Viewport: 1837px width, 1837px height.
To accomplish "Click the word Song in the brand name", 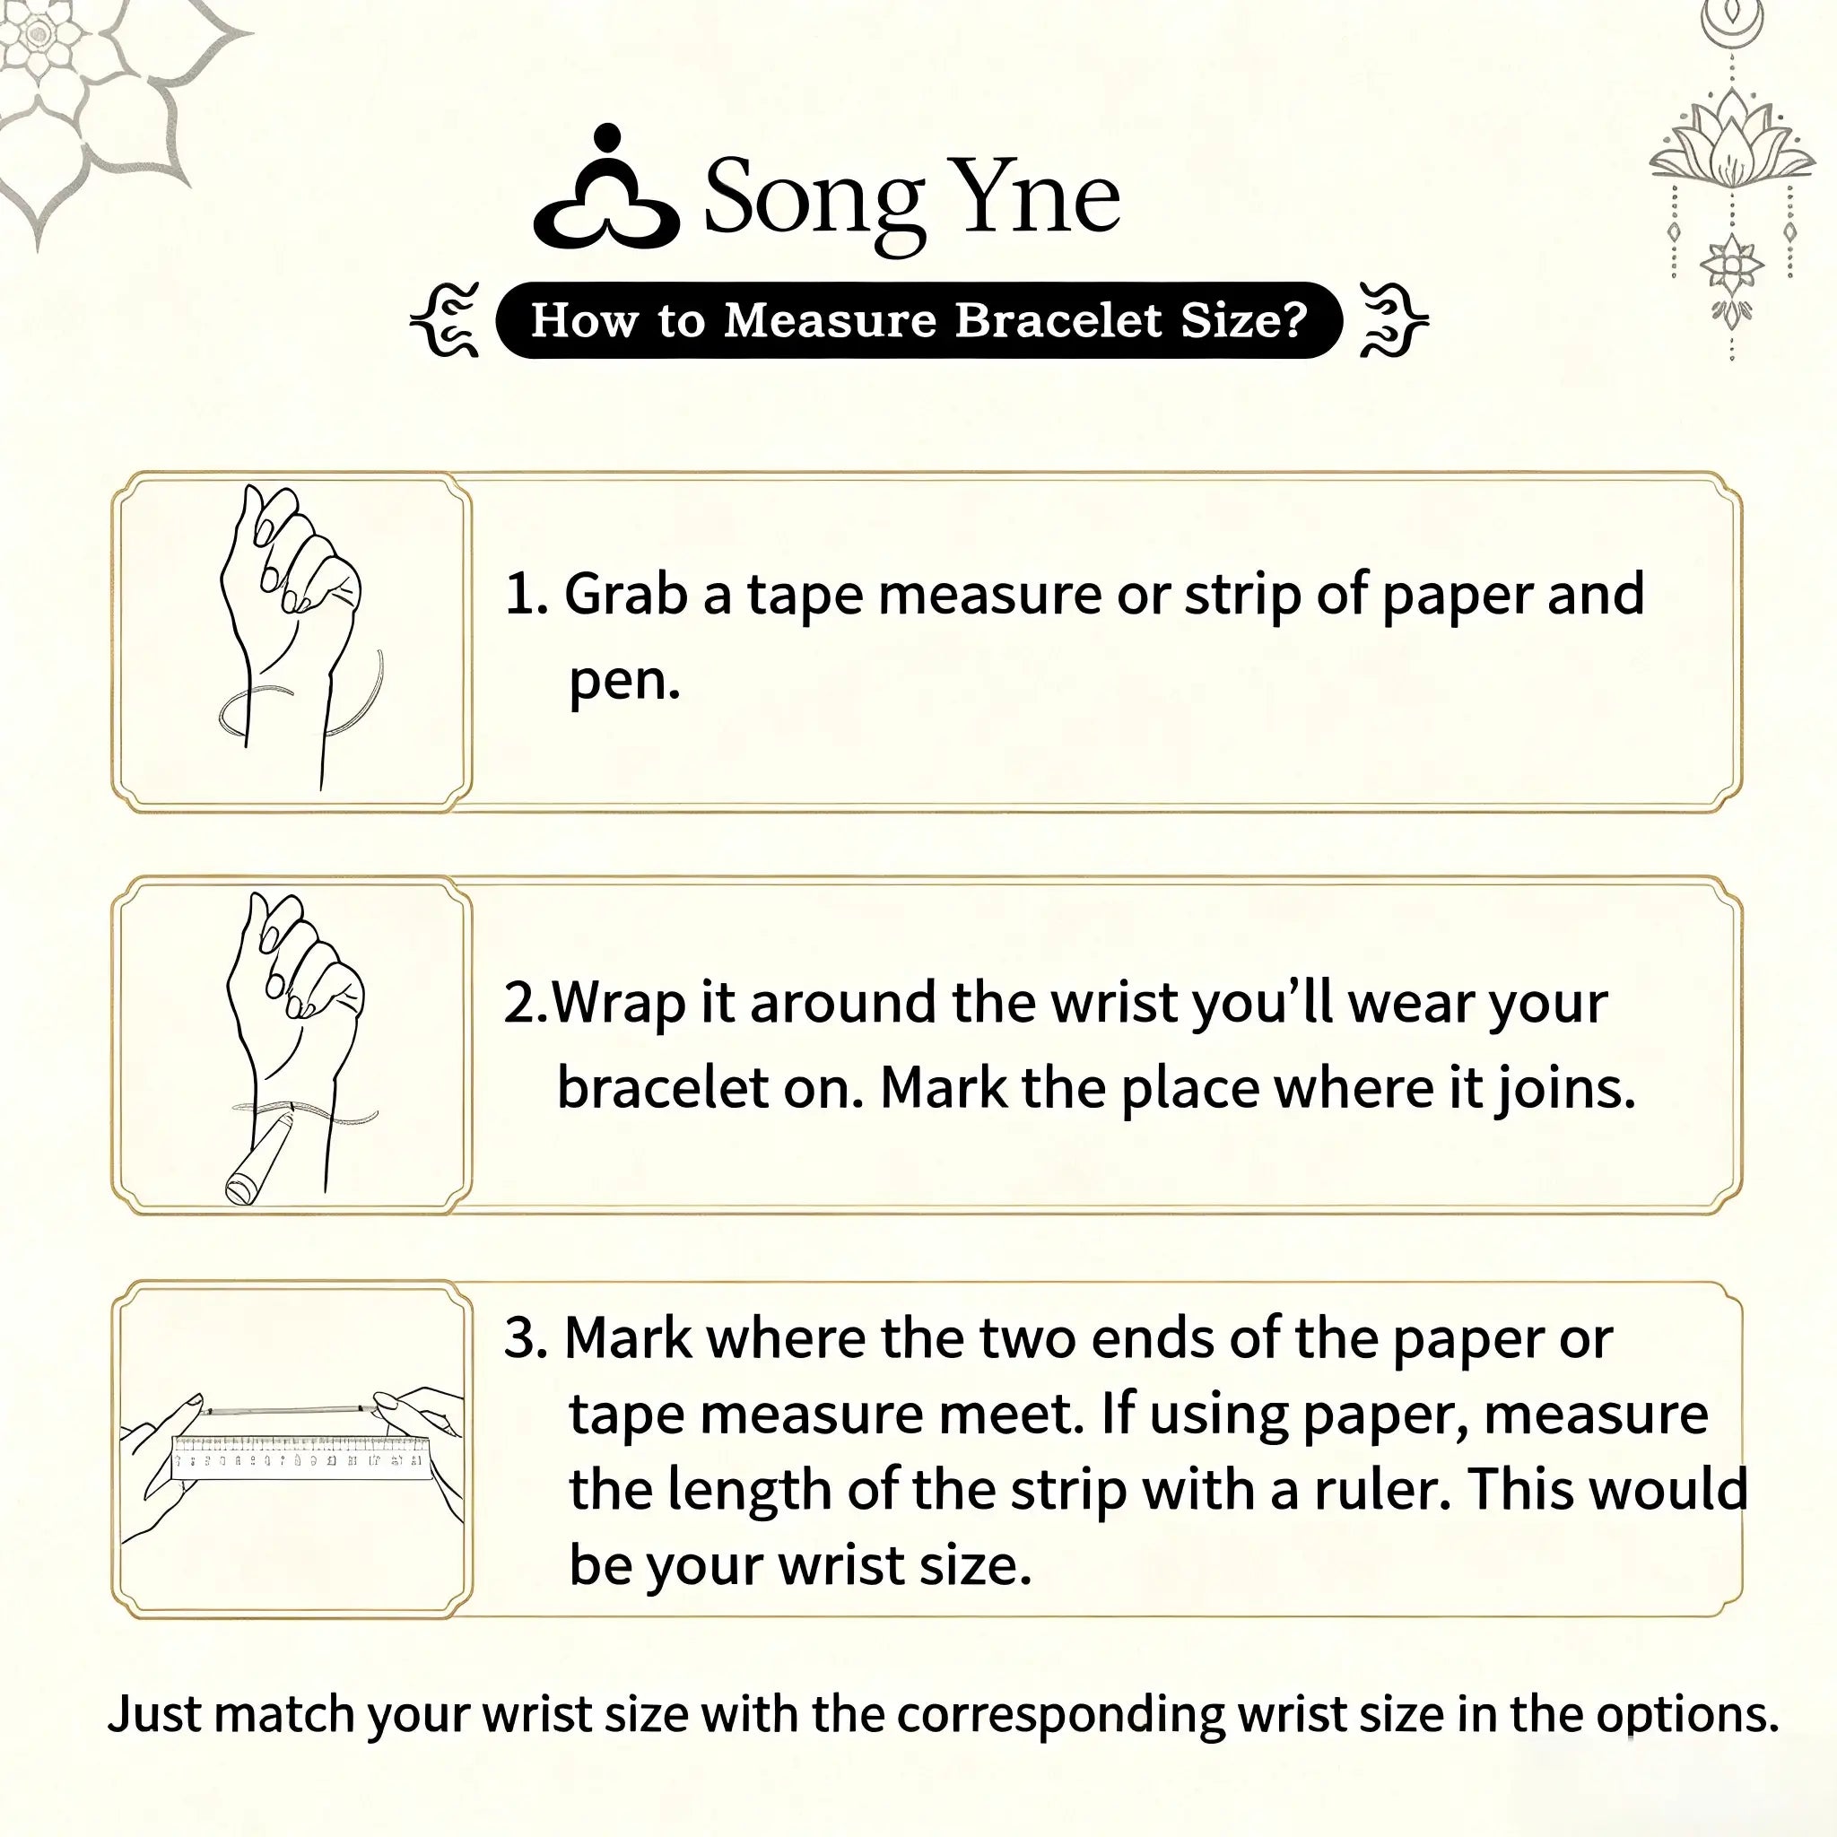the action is pos(814,201).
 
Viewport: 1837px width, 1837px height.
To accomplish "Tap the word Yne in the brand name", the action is pos(1036,194).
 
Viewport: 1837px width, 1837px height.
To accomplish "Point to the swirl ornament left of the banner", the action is pos(444,319).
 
